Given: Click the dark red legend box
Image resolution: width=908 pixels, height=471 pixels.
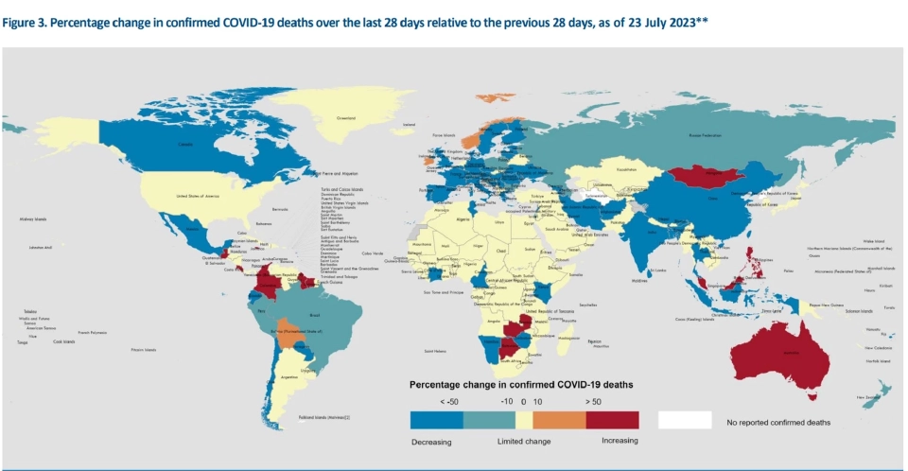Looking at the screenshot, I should pyautogui.click(x=613, y=420).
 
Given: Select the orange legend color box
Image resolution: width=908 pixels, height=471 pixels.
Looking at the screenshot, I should pyautogui.click(x=559, y=420).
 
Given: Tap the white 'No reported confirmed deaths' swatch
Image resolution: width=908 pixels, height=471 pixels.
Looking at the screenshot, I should pyautogui.click(x=684, y=420).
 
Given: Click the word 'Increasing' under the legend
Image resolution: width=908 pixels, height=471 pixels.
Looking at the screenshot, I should pyautogui.click(x=620, y=441).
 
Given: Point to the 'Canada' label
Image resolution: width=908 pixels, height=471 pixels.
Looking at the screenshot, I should pyautogui.click(x=184, y=145).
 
